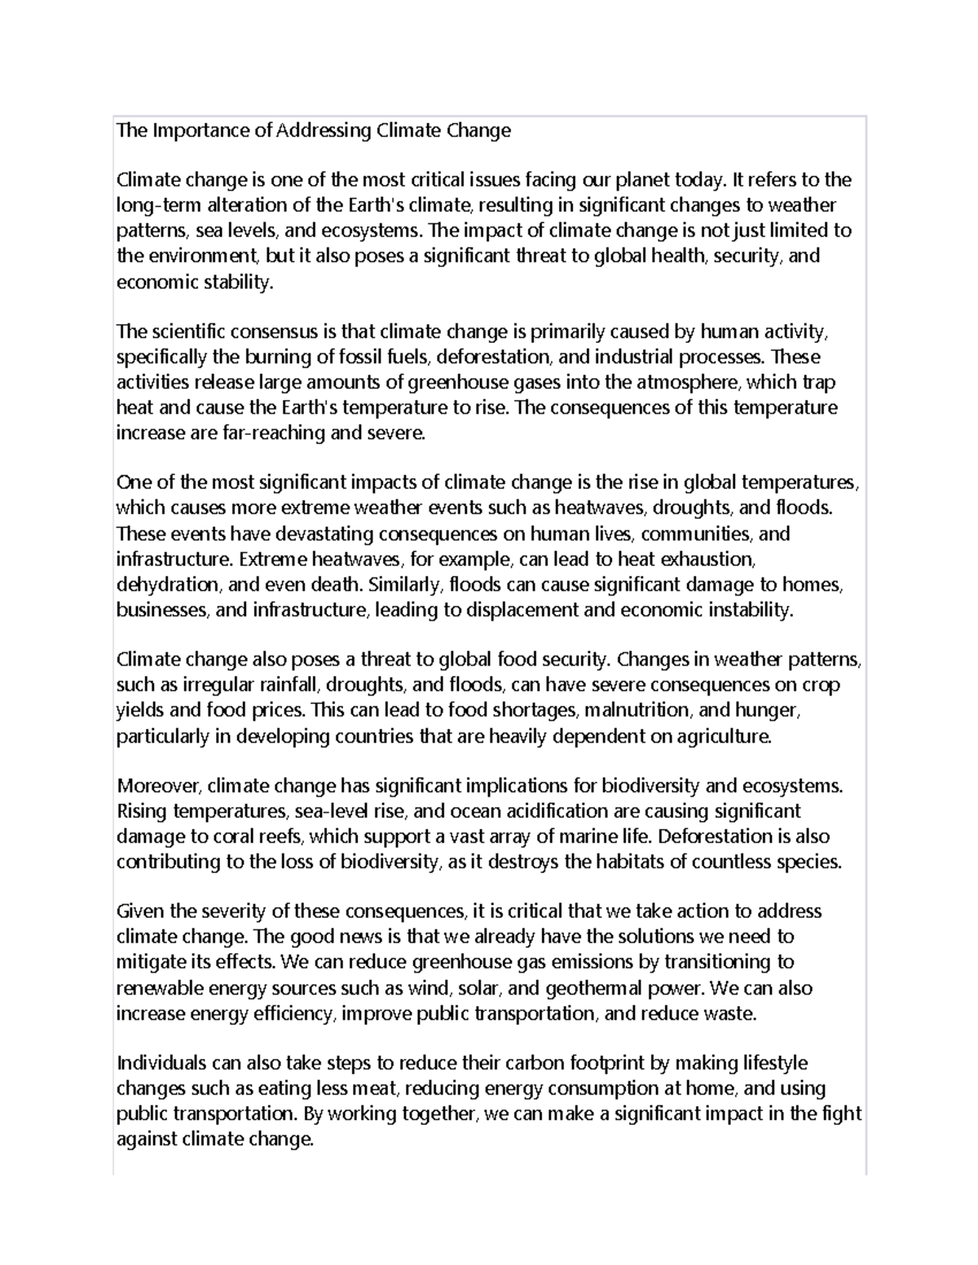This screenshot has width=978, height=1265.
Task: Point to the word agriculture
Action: click(719, 736)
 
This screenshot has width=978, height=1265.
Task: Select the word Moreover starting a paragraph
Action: click(158, 786)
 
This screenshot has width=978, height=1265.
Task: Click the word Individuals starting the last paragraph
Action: click(161, 1063)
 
